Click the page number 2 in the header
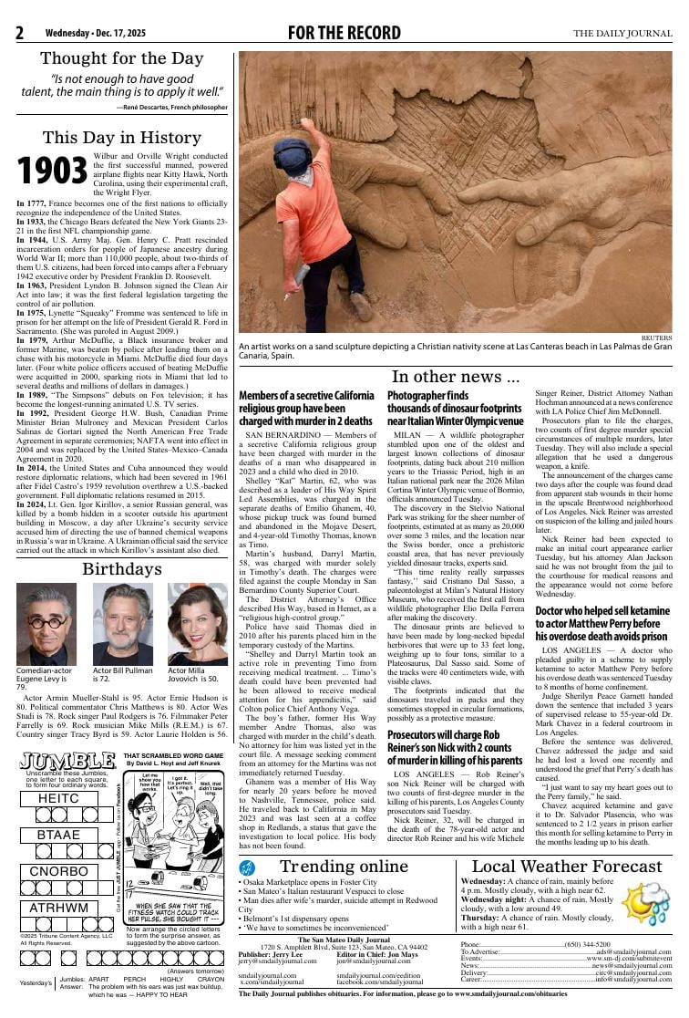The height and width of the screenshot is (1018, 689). click(19, 34)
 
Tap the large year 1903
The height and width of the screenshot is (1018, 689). click(53, 171)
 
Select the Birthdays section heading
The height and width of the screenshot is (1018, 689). click(122, 569)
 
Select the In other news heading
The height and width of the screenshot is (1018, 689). click(456, 377)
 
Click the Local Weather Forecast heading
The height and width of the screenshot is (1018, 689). click(565, 867)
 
